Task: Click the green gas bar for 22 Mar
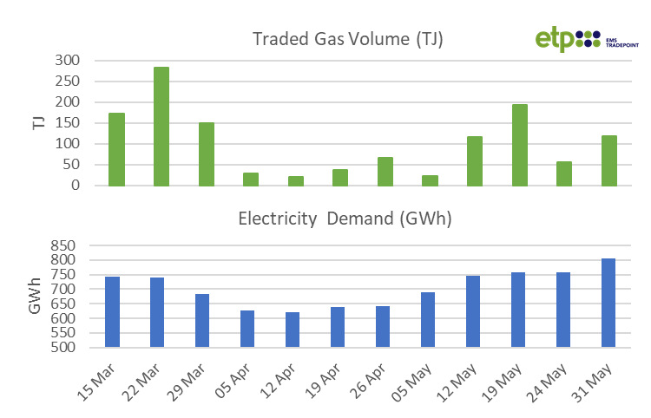coord(161,126)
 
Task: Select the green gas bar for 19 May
coord(519,144)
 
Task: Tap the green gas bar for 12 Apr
coord(296,180)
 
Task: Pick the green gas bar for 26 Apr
coord(385,171)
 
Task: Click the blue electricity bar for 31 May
coord(608,303)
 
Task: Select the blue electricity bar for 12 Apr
coord(293,330)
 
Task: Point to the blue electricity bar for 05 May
coord(428,319)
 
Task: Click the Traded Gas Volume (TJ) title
coord(347,39)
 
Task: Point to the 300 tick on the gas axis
coord(67,61)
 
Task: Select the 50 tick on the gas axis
coord(72,165)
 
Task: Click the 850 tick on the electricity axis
coord(67,245)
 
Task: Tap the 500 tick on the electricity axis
coord(67,348)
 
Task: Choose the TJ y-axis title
coord(38,122)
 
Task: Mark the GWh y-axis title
coord(36,297)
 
